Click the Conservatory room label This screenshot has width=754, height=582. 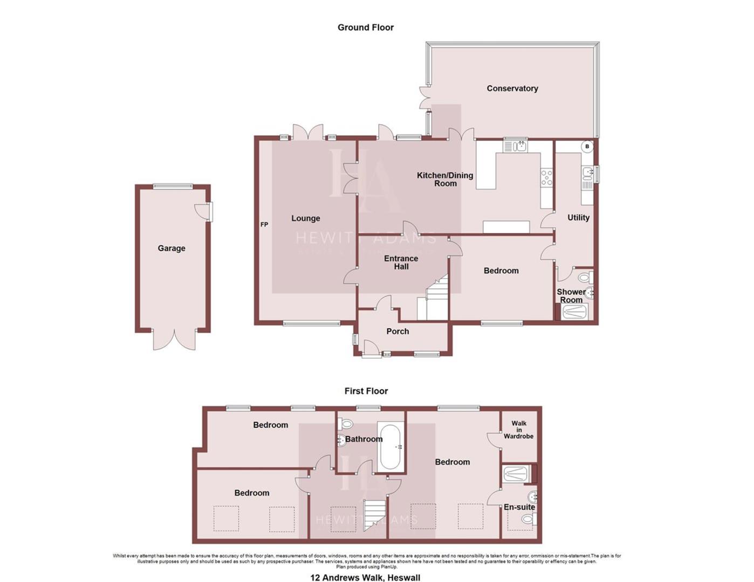[x=512, y=88]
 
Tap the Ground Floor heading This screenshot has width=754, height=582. [x=365, y=27]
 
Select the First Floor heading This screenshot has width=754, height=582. [x=366, y=391]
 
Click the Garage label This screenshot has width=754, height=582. [x=172, y=248]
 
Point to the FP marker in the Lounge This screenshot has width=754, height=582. [x=264, y=225]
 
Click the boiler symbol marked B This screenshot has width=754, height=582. [x=587, y=147]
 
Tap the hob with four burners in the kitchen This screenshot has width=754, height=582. [x=546, y=178]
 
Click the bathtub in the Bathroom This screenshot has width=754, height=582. [x=390, y=447]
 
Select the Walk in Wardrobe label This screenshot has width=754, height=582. [x=518, y=430]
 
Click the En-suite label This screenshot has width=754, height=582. [x=519, y=507]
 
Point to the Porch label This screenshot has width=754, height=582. [x=397, y=331]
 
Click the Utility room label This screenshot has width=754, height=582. [x=578, y=218]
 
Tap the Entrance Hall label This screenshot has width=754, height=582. [x=401, y=262]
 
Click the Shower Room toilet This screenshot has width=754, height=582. [x=585, y=278]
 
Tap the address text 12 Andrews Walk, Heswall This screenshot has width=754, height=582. [x=365, y=578]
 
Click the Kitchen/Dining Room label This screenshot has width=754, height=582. [x=445, y=179]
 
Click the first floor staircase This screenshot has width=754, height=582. [x=374, y=515]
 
